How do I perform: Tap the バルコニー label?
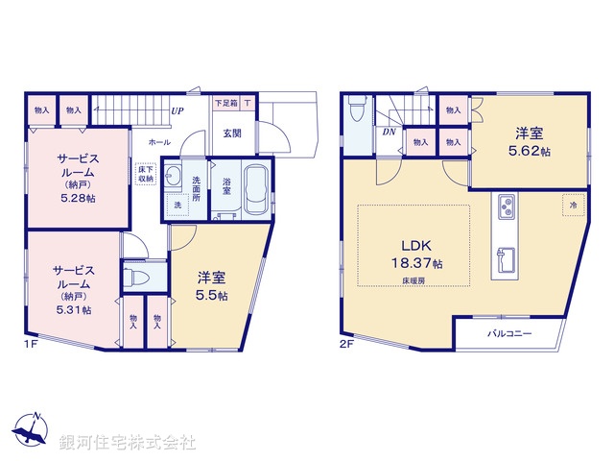(508, 333)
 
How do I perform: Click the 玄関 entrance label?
(232, 133)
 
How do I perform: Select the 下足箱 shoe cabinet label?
(225, 102)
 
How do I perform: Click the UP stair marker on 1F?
(177, 111)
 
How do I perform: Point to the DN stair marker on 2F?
(390, 132)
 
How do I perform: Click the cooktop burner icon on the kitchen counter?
(506, 206)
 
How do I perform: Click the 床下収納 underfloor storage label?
(146, 173)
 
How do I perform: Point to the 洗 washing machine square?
(177, 205)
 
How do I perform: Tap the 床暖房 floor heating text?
(405, 279)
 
